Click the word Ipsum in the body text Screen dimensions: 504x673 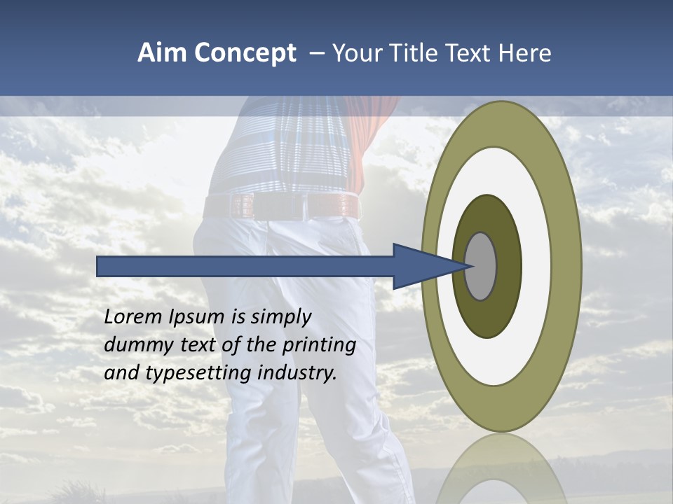click(x=198, y=318)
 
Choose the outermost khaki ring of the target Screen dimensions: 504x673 click(x=568, y=267)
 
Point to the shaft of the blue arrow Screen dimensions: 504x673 click(x=245, y=267)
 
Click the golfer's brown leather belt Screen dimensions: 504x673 click(x=280, y=206)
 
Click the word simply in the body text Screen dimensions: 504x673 click(x=280, y=318)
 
